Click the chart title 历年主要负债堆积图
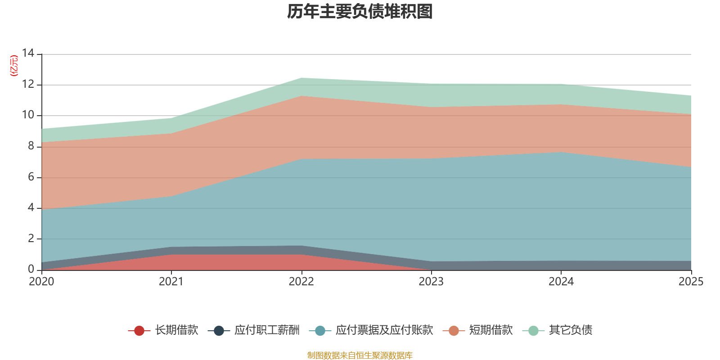pos(360,12)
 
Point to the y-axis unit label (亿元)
pos(14,66)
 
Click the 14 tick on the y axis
pos(28,54)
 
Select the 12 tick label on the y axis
pos(28,84)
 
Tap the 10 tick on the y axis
pos(28,115)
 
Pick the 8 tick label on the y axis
pos(31,146)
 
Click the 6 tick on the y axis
pos(31,177)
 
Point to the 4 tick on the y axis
pos(31,207)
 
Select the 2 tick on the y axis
pos(31,238)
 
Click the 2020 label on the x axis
pos(41,282)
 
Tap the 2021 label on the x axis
pos(171,282)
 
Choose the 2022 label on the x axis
pos(301,282)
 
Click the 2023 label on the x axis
pos(431,282)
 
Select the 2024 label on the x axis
pos(561,282)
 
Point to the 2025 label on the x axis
pos(691,282)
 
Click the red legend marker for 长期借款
pos(139,331)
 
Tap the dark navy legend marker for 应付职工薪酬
pos(219,331)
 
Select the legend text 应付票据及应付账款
pos(384,330)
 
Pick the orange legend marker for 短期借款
pos(454,331)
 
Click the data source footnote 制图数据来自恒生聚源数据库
pos(360,355)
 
